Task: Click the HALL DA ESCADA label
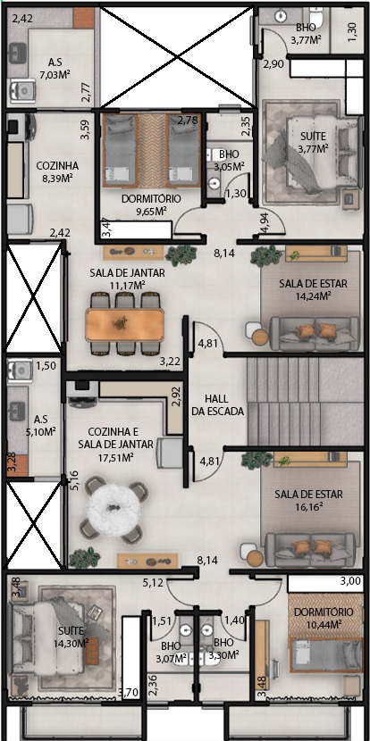[218, 404]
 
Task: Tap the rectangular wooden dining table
[125, 324]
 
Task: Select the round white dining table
[114, 508]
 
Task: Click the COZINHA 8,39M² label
[57, 172]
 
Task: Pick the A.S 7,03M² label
[55, 68]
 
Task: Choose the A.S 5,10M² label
[41, 425]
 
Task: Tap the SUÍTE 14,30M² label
[73, 636]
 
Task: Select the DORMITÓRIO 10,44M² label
[324, 618]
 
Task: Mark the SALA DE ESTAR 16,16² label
[309, 501]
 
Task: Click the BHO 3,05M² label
[229, 160]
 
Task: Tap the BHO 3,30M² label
[223, 648]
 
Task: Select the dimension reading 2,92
[177, 397]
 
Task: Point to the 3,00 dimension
[349, 582]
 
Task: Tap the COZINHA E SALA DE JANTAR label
[116, 437]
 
